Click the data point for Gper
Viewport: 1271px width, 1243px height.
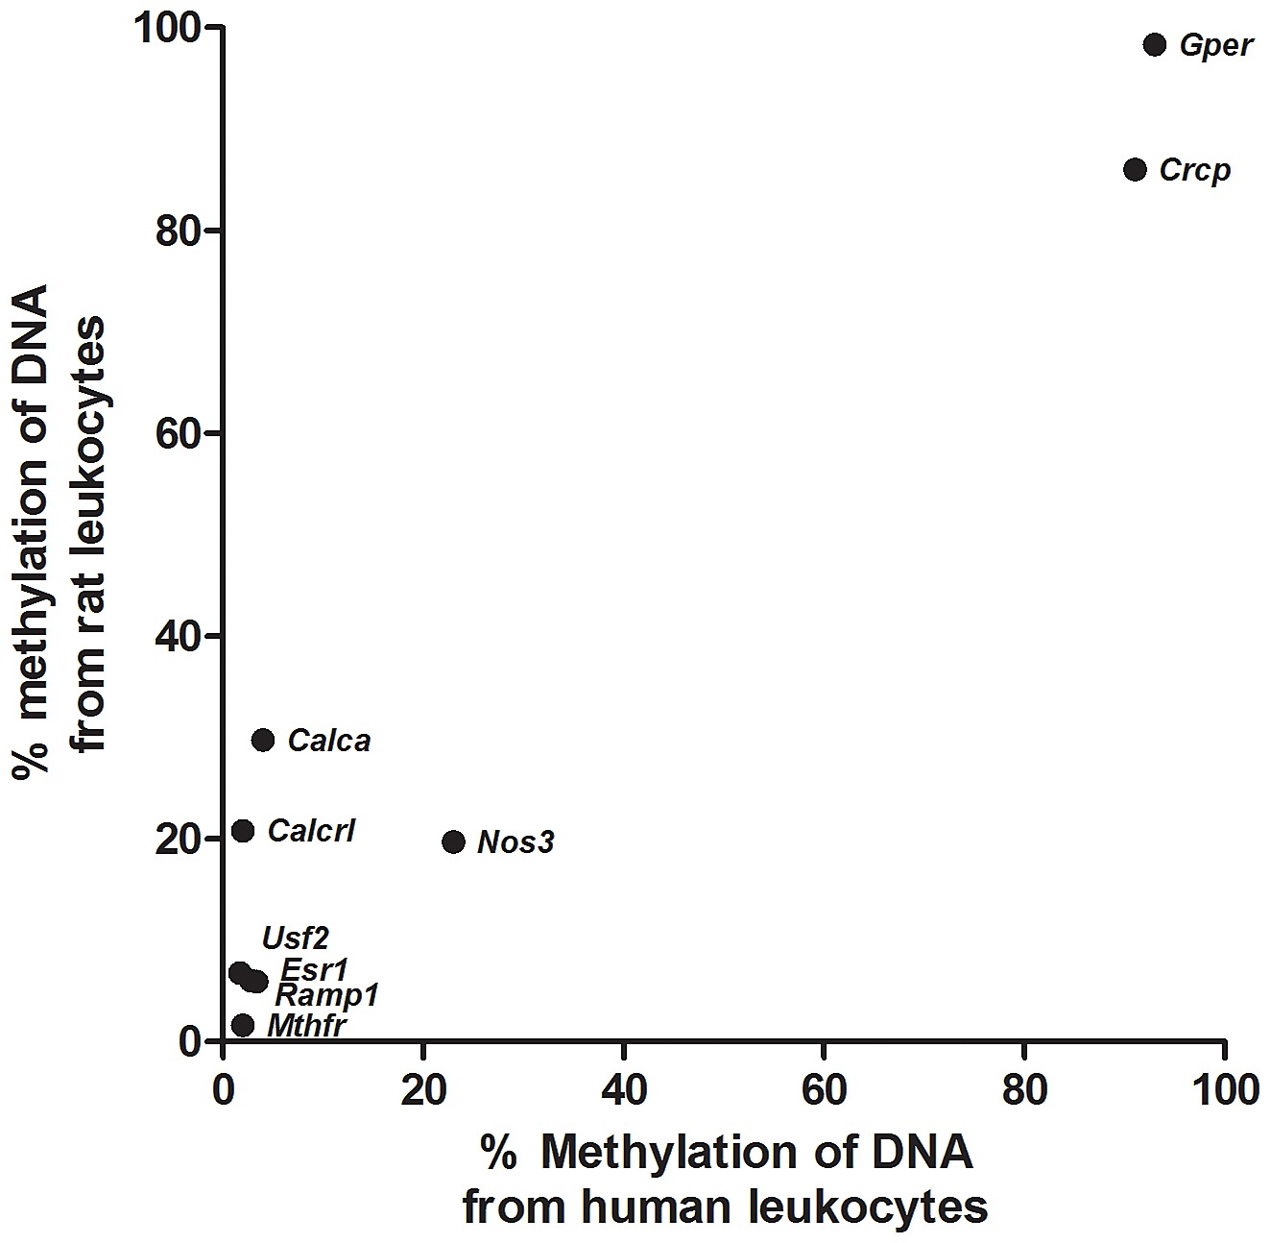point(1155,45)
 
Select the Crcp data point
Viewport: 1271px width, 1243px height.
point(1135,170)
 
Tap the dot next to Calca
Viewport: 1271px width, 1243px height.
point(263,741)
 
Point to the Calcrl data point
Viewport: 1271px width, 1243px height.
point(243,831)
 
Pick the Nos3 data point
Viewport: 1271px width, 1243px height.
point(454,842)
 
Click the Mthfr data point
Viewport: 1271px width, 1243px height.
point(242,1025)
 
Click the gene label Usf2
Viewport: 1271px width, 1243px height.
point(296,938)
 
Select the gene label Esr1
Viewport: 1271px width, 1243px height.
point(314,970)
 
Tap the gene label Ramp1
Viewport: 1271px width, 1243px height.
point(326,996)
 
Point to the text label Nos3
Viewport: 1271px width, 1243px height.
point(516,842)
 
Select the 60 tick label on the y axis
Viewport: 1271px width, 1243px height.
point(177,433)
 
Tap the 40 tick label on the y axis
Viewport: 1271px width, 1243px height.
point(177,636)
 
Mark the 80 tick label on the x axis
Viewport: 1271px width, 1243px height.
point(1025,1089)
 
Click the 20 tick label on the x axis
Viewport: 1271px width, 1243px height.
point(424,1089)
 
